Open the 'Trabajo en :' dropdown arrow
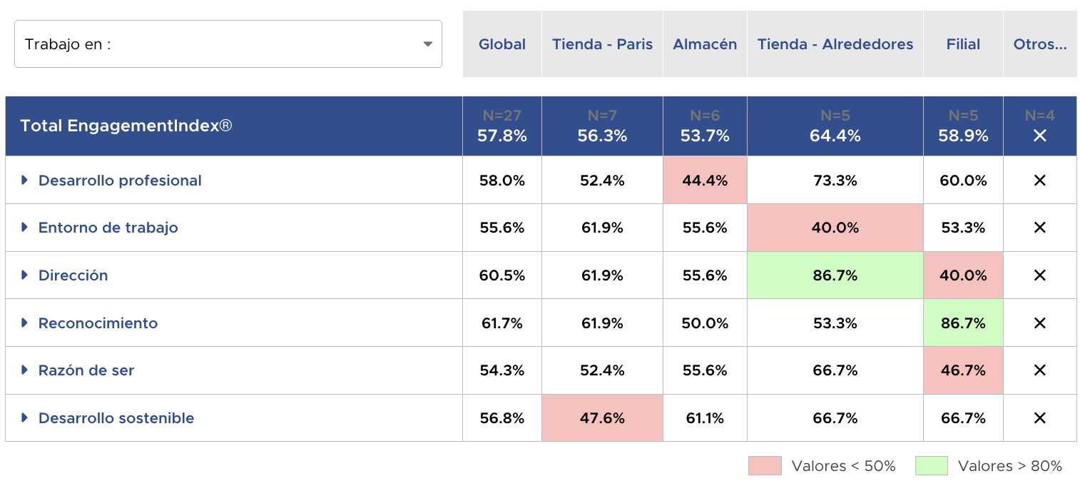click(427, 44)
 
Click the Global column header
click(502, 44)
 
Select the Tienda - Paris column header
click(602, 44)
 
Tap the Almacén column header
click(705, 44)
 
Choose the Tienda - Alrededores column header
click(835, 44)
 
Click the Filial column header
click(963, 44)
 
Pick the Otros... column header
click(1039, 44)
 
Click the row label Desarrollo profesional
click(120, 181)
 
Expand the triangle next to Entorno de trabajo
click(24, 228)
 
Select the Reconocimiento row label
click(98, 323)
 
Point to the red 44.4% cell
click(705, 181)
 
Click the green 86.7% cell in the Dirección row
click(835, 275)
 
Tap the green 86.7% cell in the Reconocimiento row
click(963, 323)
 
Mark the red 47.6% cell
click(602, 418)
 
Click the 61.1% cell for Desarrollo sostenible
click(705, 418)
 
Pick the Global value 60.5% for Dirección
click(502, 275)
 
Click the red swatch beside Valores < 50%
click(765, 466)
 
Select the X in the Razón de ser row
click(1039, 370)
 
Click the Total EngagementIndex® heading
click(126, 126)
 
